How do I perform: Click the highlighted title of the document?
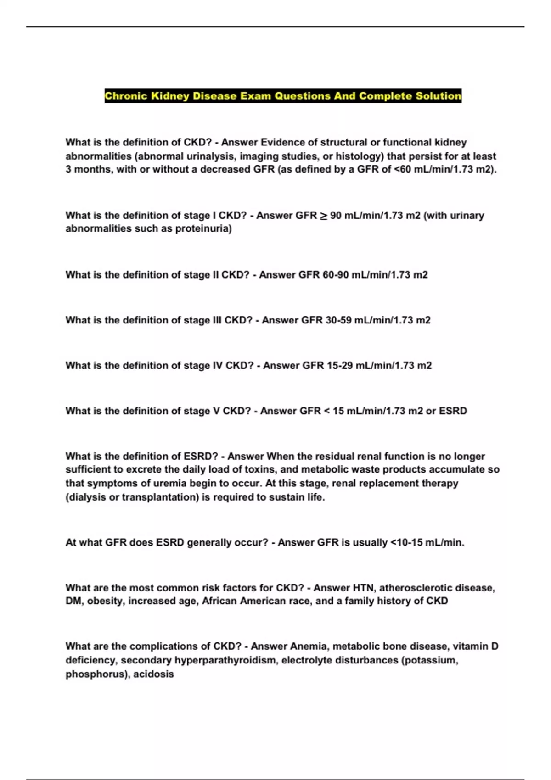tap(283, 96)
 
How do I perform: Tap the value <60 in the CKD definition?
tap(403, 169)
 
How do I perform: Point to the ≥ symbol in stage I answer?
tap(323, 216)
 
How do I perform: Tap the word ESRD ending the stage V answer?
tap(453, 411)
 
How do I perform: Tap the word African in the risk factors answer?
tap(220, 601)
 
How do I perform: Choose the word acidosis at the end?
tap(153, 674)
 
